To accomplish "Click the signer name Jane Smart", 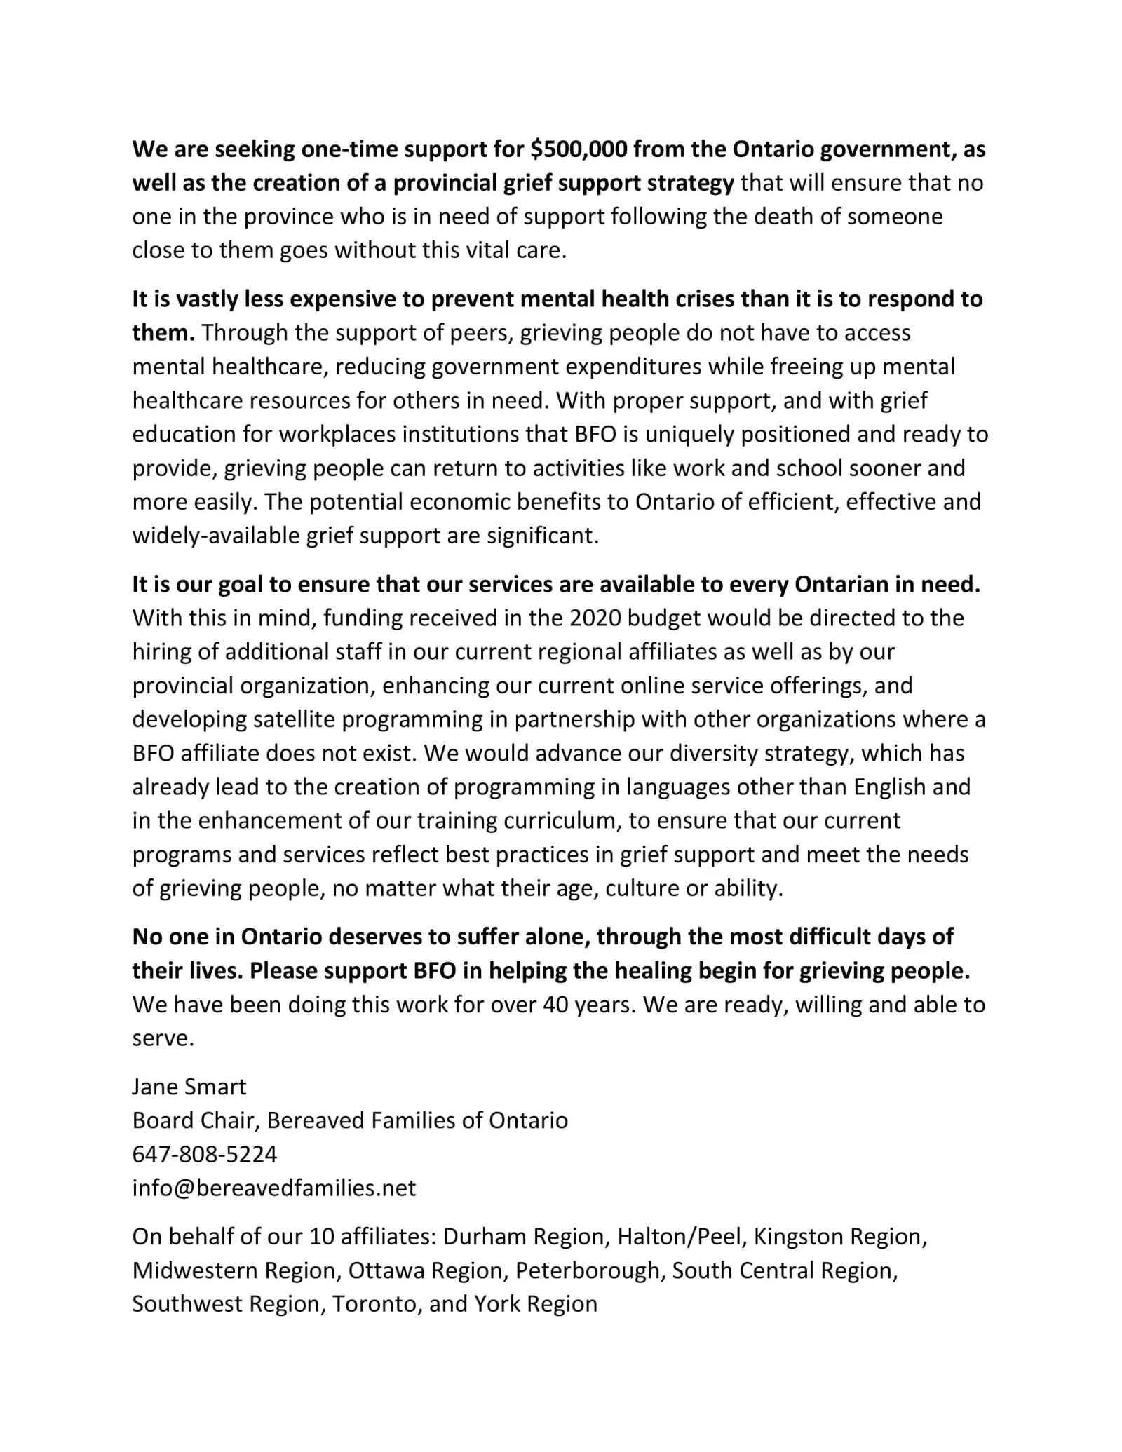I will click(x=189, y=1087).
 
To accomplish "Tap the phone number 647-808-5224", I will click(x=205, y=1154).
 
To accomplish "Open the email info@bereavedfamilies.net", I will click(x=274, y=1188).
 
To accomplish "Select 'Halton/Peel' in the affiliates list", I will click(x=679, y=1236).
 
